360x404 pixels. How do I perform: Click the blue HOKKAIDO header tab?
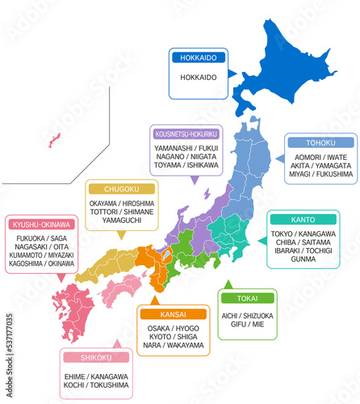point(198,57)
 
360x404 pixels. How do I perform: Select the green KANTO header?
point(302,219)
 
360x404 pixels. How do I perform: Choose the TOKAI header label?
point(246,297)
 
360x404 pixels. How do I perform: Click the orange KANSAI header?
point(172,314)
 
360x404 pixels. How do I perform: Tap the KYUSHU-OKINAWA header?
point(41,224)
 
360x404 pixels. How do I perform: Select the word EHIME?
point(77,377)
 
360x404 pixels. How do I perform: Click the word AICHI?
point(232,315)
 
